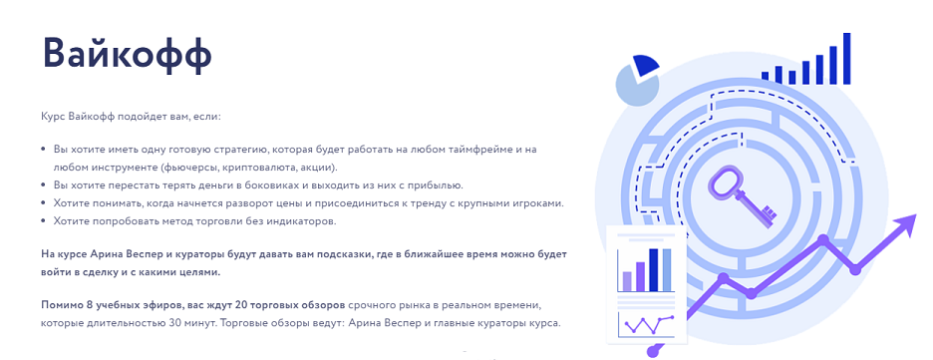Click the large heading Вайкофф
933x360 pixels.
point(128,54)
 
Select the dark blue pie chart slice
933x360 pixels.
point(646,66)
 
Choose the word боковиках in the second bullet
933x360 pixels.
point(284,184)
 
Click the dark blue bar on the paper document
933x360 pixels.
point(654,270)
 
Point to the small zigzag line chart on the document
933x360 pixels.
point(647,325)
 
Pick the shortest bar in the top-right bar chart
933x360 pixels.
point(766,78)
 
